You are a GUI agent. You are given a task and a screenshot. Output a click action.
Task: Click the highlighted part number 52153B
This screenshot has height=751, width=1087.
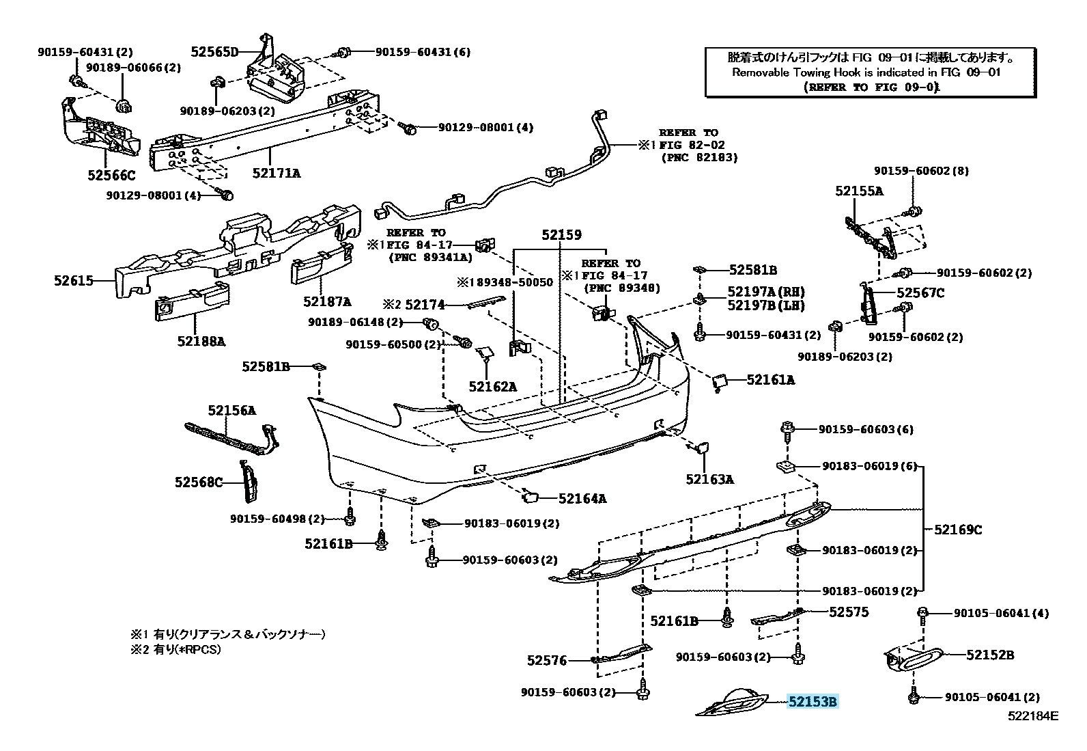(813, 701)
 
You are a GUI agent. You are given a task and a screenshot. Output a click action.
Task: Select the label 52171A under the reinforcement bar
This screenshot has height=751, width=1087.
(276, 173)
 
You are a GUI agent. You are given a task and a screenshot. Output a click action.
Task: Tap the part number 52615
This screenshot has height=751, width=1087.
(74, 280)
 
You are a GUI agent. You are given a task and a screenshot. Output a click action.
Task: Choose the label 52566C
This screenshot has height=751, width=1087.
(111, 176)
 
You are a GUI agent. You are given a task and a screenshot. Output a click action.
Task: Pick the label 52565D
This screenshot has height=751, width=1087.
(214, 51)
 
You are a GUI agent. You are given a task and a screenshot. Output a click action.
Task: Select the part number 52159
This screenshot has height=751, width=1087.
(561, 235)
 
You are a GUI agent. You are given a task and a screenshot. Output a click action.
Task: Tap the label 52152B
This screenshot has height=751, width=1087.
(989, 655)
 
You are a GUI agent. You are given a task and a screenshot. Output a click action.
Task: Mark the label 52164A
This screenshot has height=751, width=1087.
(582, 498)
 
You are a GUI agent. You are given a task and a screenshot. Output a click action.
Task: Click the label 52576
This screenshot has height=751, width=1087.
(547, 660)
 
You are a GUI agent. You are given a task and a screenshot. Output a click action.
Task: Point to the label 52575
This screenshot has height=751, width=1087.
(849, 612)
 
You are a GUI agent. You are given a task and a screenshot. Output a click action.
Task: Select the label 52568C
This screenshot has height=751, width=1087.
(199, 482)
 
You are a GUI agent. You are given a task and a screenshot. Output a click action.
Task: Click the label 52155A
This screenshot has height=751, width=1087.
(859, 191)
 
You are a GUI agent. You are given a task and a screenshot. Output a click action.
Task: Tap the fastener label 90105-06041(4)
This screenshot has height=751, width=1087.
(1001, 614)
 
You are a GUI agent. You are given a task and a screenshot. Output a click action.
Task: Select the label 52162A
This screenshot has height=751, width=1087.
(492, 387)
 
